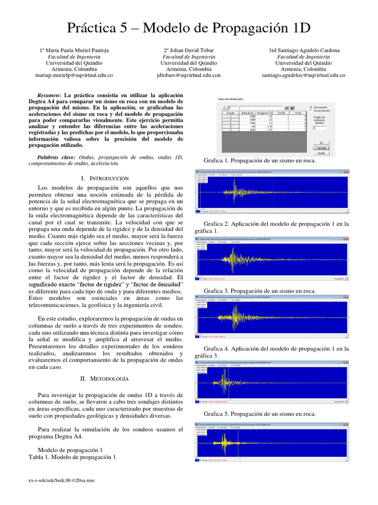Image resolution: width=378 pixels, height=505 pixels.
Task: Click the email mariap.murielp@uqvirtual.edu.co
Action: click(74, 75)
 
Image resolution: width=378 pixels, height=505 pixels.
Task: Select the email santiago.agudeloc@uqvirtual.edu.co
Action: click(304, 75)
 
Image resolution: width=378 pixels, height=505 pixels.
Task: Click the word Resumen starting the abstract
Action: click(48, 95)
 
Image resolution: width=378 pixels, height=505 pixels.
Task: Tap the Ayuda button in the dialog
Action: click(320, 152)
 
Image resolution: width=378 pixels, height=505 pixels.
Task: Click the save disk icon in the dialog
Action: click(292, 107)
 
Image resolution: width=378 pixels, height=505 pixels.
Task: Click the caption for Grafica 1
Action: click(259, 160)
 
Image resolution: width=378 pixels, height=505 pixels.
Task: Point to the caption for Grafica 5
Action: click(259, 414)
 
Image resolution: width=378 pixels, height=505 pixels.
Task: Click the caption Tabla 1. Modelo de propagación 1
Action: click(72, 457)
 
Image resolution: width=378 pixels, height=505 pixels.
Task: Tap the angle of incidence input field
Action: click(323, 128)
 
